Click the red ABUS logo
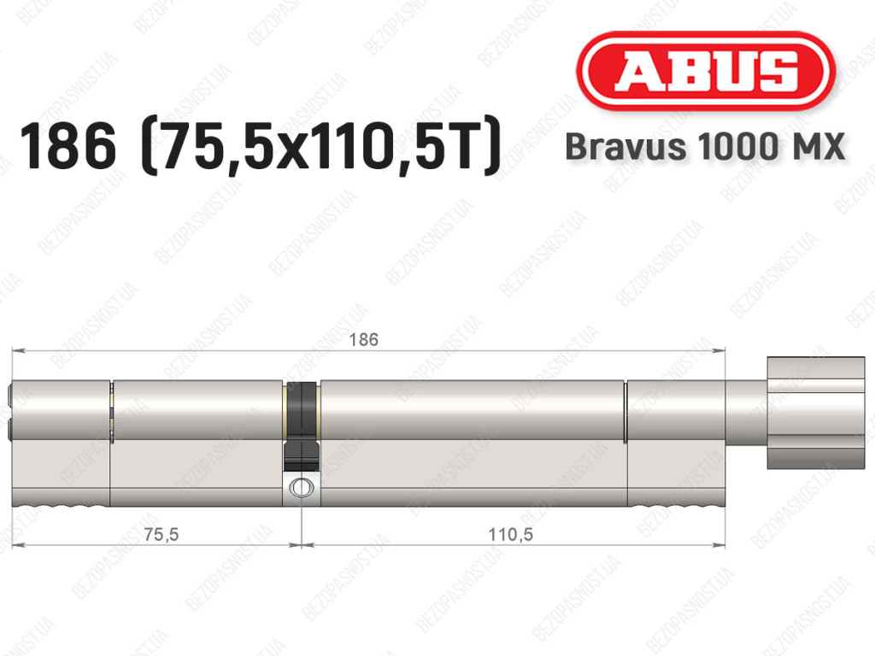click(x=705, y=71)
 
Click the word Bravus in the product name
click(x=625, y=147)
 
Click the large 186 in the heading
click(x=68, y=146)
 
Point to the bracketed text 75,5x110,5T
click(x=321, y=146)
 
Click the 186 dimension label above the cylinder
click(x=363, y=339)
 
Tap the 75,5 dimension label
click(x=161, y=534)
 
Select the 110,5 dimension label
click(x=511, y=534)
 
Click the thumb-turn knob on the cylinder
click(x=816, y=412)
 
